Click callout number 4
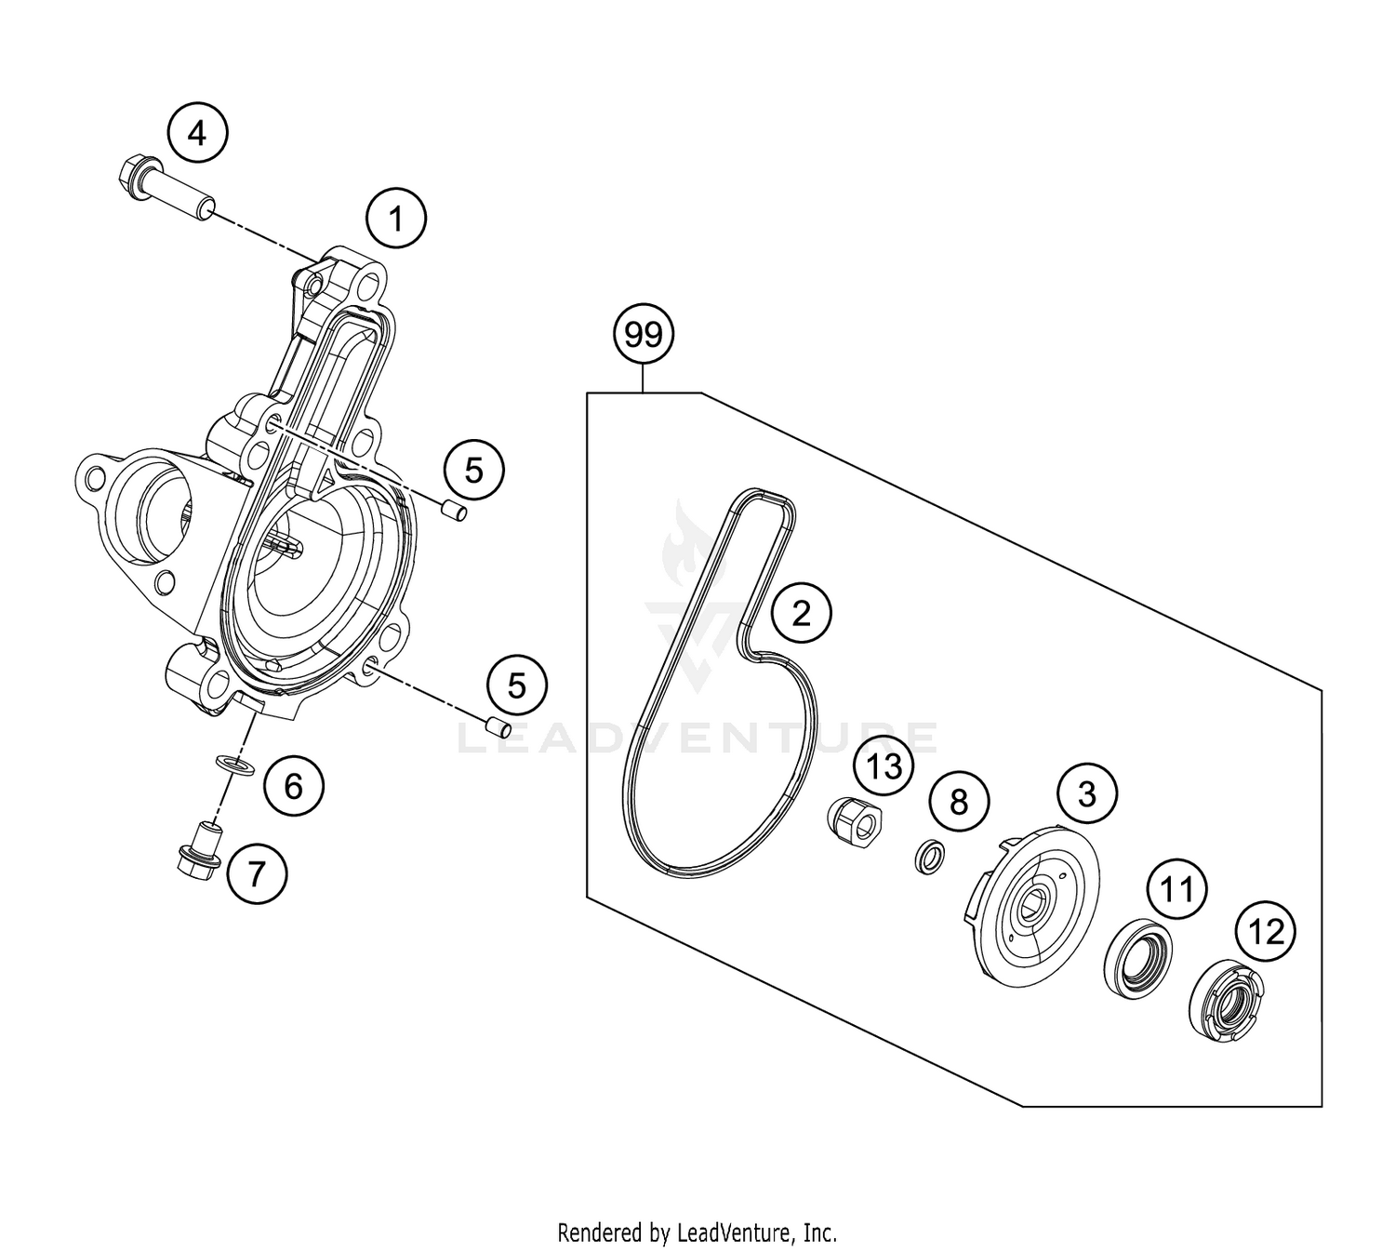(197, 134)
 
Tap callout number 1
(395, 220)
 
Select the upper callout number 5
(473, 470)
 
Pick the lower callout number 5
(517, 686)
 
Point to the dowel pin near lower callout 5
(496, 725)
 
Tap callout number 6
(293, 787)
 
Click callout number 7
(256, 872)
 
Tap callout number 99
(643, 333)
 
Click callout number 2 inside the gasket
(800, 612)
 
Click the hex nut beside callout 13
(854, 819)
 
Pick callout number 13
(883, 766)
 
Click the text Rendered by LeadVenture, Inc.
(697, 1233)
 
